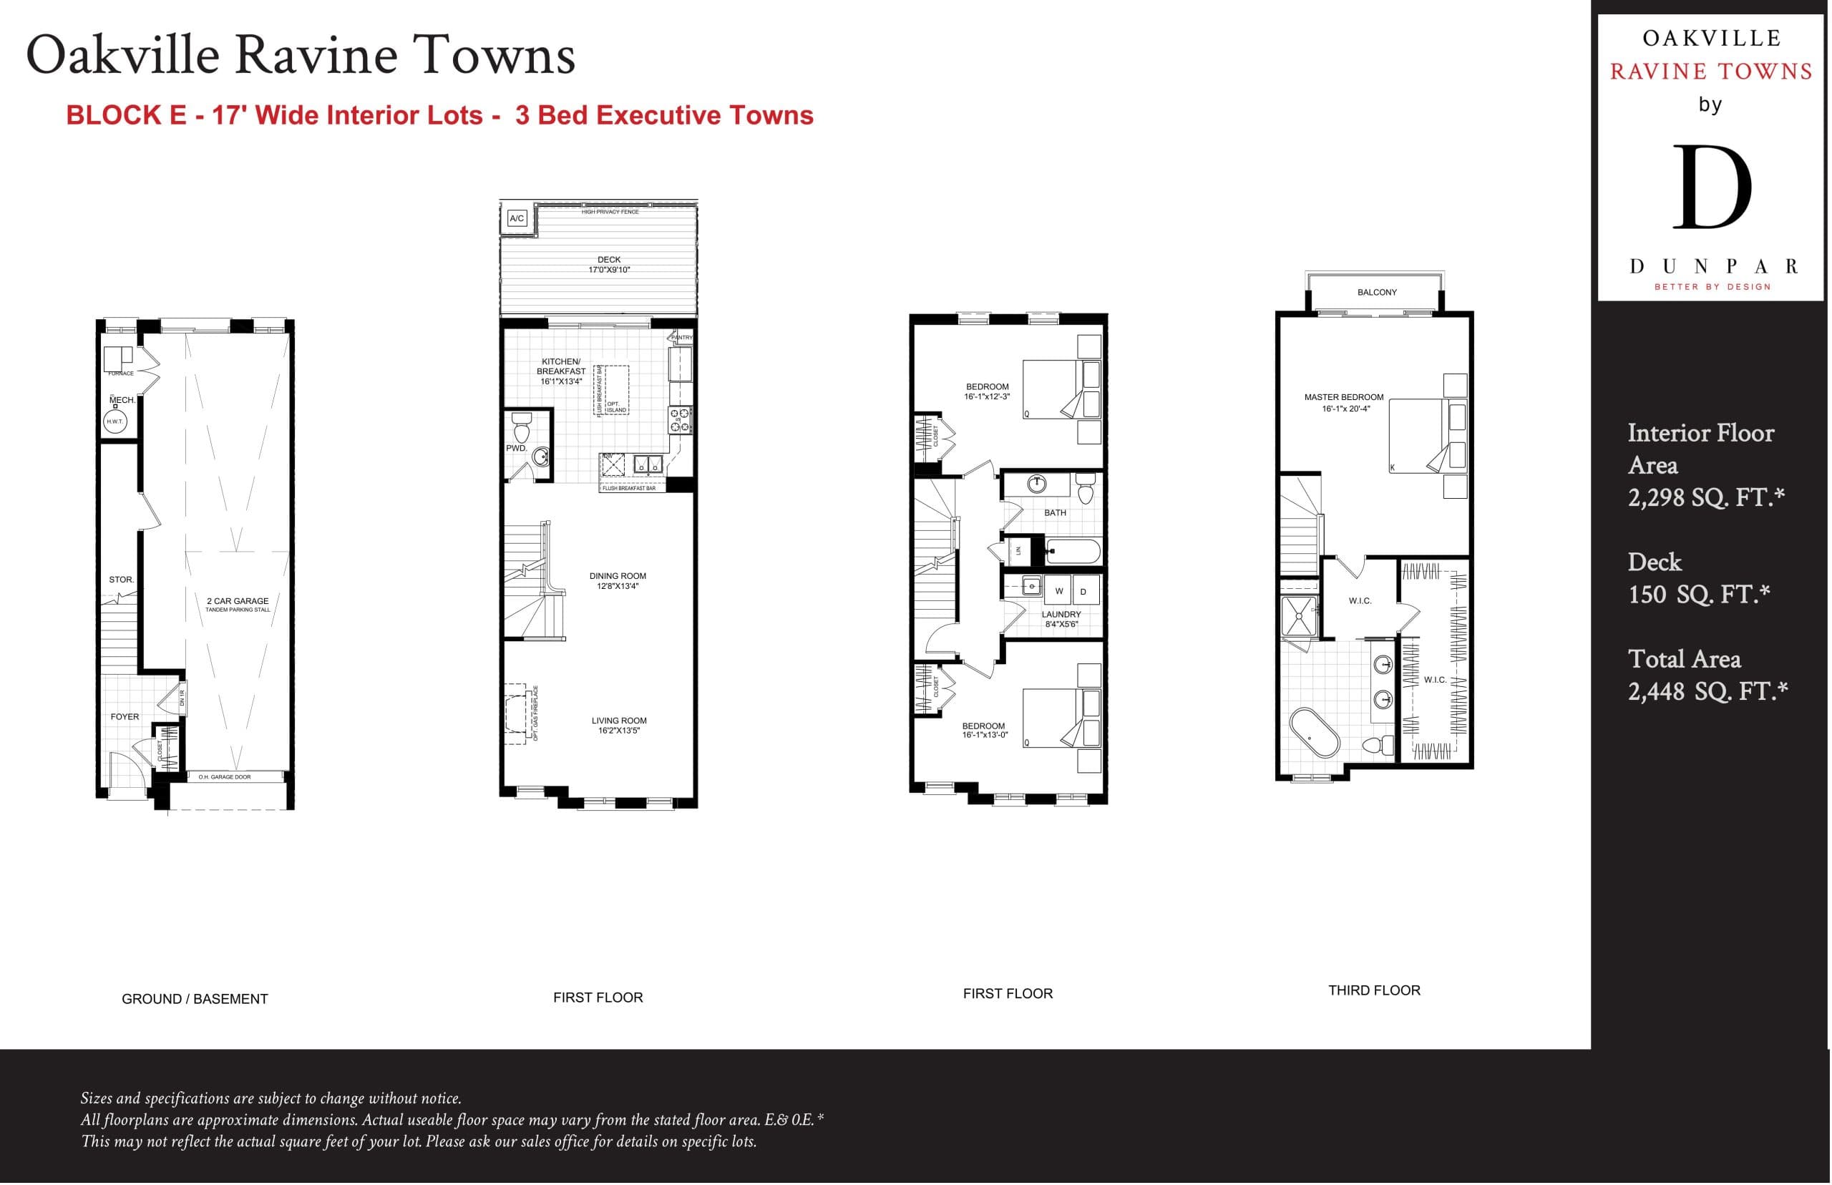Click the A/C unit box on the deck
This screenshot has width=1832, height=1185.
coord(516,218)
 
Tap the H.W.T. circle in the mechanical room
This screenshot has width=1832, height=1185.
coord(114,421)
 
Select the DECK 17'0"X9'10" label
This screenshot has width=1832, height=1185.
coord(608,265)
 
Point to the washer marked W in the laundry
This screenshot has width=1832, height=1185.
coord(1058,591)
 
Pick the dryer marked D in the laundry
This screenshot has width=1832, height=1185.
coord(1083,591)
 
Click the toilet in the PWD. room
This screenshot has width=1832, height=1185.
coord(521,425)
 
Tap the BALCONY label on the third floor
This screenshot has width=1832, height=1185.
coord(1376,293)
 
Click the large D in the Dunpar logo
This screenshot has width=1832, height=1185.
coord(1712,187)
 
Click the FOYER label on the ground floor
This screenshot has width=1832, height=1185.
coord(125,716)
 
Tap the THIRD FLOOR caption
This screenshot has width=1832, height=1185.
coord(1373,990)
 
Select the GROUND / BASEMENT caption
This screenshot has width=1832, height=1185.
coord(195,999)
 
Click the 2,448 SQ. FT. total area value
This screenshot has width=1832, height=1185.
coord(1707,691)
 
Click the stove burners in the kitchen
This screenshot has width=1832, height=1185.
coord(679,420)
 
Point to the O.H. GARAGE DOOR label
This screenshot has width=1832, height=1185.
coord(224,777)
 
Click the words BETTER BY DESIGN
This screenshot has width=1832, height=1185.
coord(1712,287)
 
